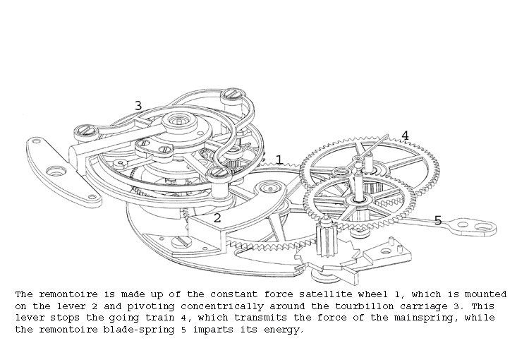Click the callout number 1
click(279, 160)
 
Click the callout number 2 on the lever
click(217, 218)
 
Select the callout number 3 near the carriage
click(138, 106)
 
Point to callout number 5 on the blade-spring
click(437, 221)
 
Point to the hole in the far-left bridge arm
click(54, 170)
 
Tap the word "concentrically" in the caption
click(207, 305)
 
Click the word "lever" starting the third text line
click(28, 318)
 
